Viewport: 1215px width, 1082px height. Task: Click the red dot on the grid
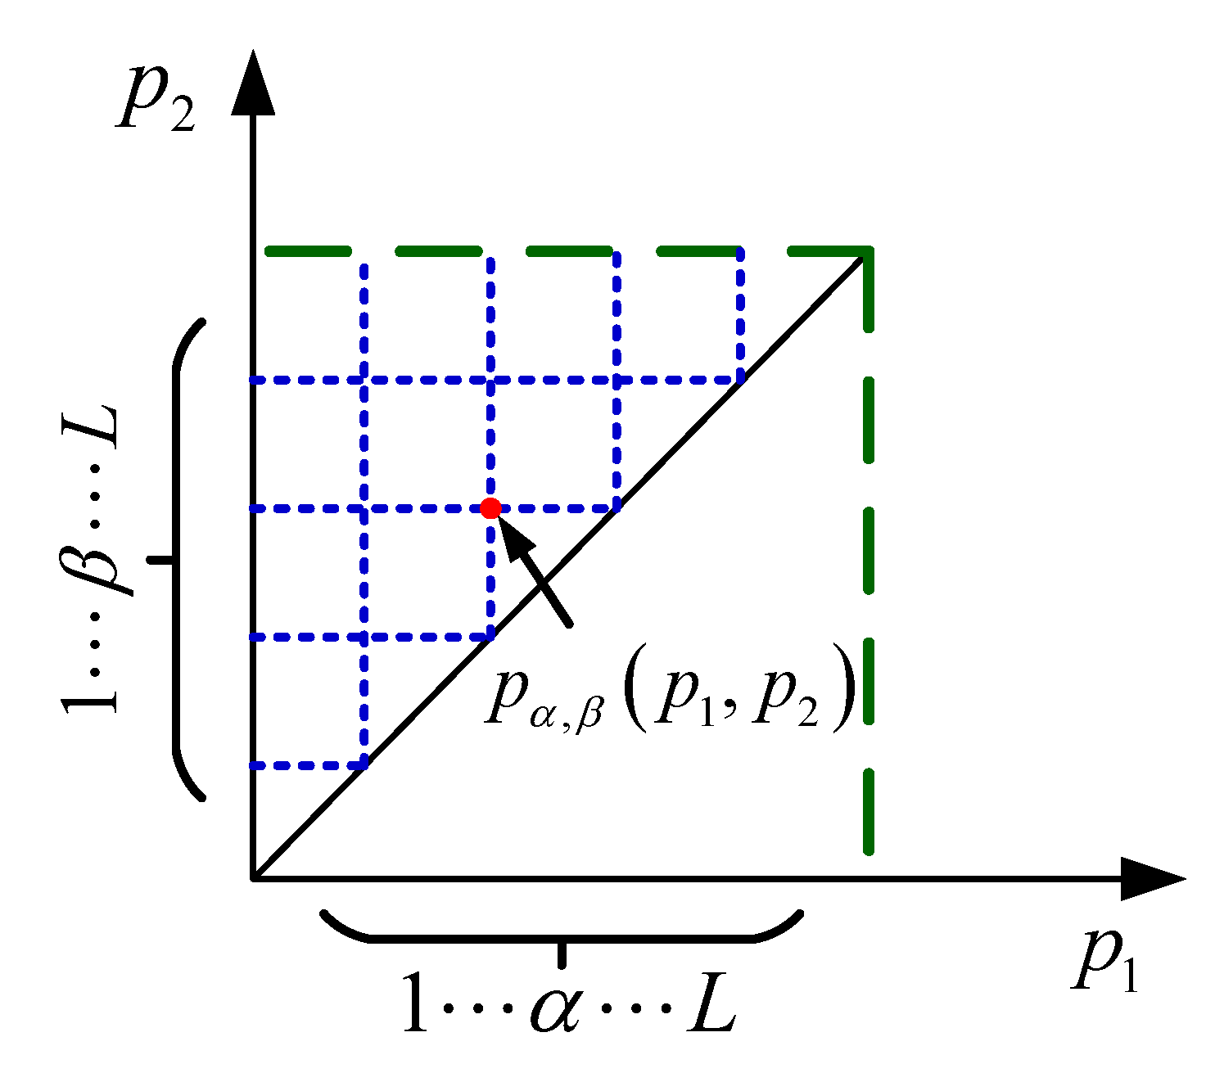(490, 508)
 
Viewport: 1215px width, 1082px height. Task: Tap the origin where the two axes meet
(254, 878)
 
